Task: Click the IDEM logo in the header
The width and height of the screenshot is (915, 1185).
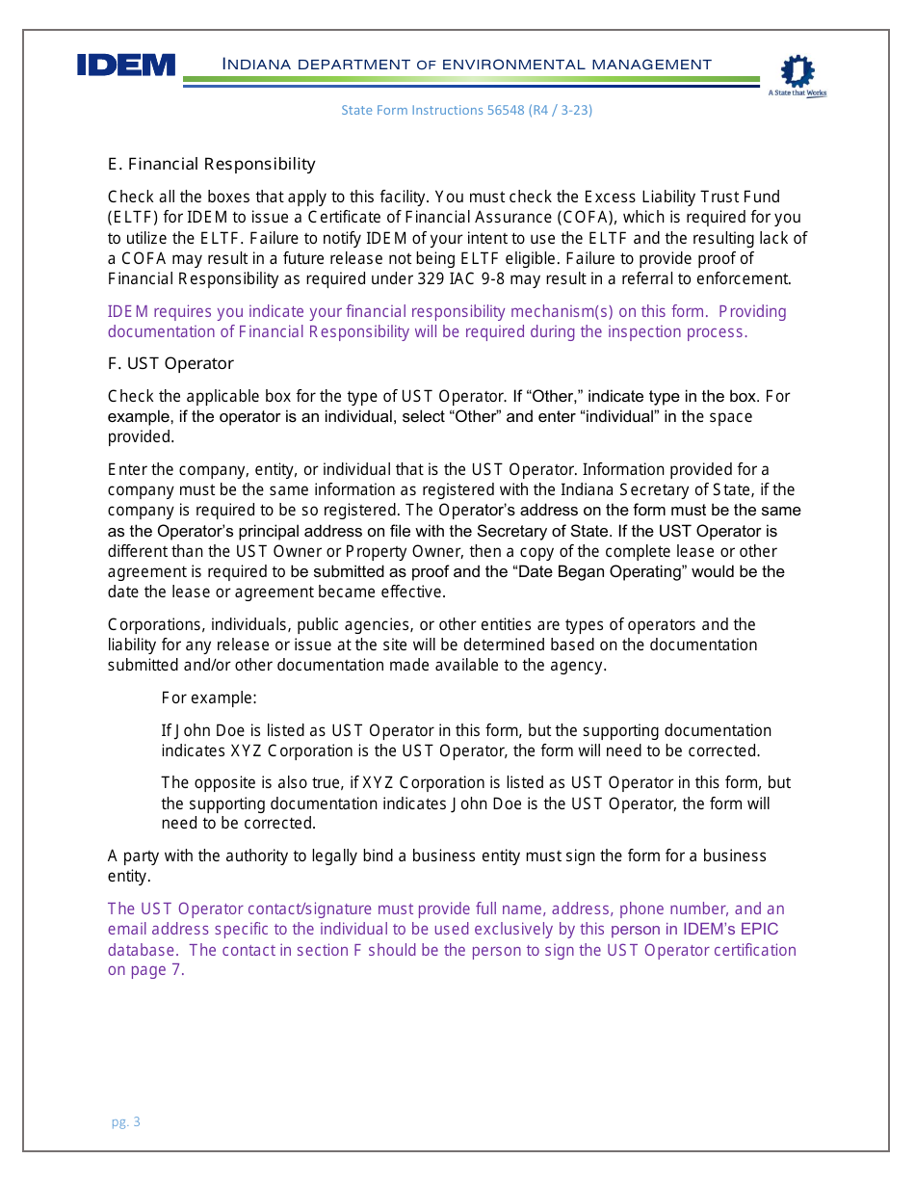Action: [126, 66]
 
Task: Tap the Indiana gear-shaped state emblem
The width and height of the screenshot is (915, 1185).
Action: [797, 71]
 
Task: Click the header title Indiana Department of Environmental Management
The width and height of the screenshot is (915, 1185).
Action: [467, 65]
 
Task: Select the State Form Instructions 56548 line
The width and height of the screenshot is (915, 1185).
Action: [466, 110]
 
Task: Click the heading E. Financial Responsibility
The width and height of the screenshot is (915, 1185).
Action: [211, 164]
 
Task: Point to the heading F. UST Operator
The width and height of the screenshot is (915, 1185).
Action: [170, 363]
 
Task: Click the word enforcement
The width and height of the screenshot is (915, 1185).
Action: [740, 279]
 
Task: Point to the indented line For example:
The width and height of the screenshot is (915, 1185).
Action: [209, 698]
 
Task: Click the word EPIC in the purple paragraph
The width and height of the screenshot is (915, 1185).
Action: [758, 930]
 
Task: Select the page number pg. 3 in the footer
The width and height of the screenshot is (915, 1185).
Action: [126, 1121]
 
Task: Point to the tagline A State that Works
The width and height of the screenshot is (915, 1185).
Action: [797, 93]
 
